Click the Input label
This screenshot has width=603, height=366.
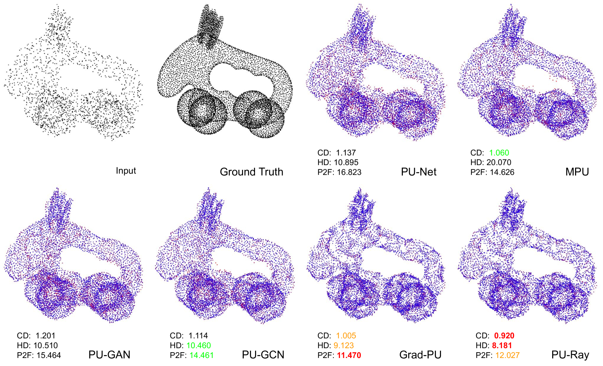click(126, 171)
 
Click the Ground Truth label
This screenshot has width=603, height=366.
click(251, 172)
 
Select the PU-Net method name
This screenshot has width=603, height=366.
click(418, 172)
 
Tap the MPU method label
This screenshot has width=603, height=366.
click(577, 172)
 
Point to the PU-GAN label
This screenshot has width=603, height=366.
click(109, 355)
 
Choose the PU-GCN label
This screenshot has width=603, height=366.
click(263, 355)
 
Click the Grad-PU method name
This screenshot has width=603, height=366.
click(420, 355)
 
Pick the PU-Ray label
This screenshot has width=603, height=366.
click(570, 355)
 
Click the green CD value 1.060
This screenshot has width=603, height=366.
click(499, 153)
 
